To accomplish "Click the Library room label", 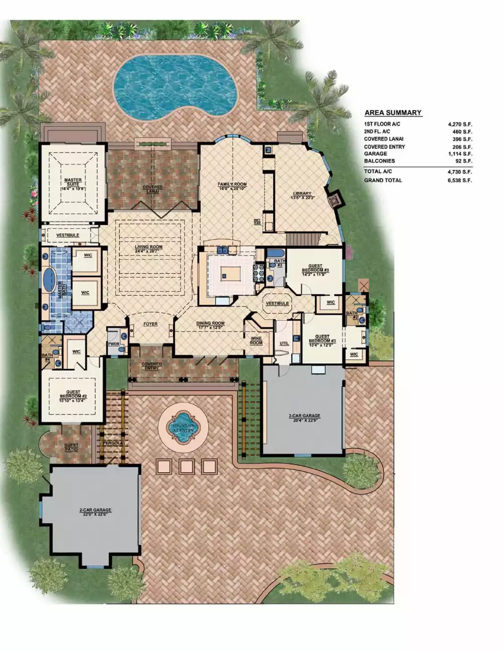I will (302, 195).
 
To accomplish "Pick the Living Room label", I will (148, 249).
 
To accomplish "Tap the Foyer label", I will (150, 324).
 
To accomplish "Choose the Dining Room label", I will (211, 325).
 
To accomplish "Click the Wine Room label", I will (256, 341).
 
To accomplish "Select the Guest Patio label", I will (71, 447).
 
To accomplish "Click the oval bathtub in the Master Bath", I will (49, 280).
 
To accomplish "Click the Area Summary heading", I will (393, 113).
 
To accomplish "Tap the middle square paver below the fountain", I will (187, 466).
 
